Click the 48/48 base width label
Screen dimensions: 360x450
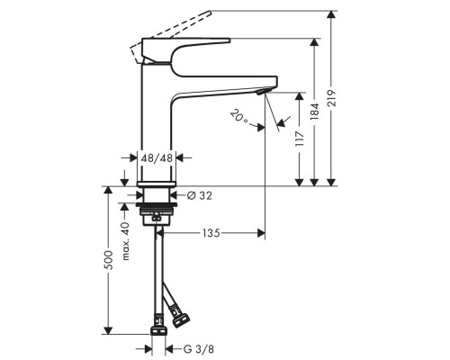click(x=157, y=157)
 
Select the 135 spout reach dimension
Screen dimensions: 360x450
click(x=209, y=232)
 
